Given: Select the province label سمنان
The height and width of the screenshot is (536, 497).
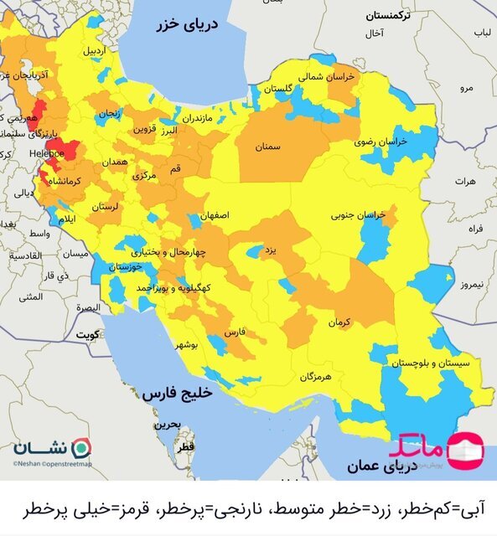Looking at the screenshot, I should [x=267, y=147].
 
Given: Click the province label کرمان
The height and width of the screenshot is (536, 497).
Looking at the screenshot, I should [x=338, y=322].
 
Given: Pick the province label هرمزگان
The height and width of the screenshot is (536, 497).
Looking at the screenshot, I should [x=316, y=377].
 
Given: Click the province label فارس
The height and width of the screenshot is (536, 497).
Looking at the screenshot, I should [x=236, y=332].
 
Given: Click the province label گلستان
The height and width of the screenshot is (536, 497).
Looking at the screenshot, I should [x=283, y=88].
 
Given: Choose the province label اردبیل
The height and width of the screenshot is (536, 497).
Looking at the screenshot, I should [x=95, y=51].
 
